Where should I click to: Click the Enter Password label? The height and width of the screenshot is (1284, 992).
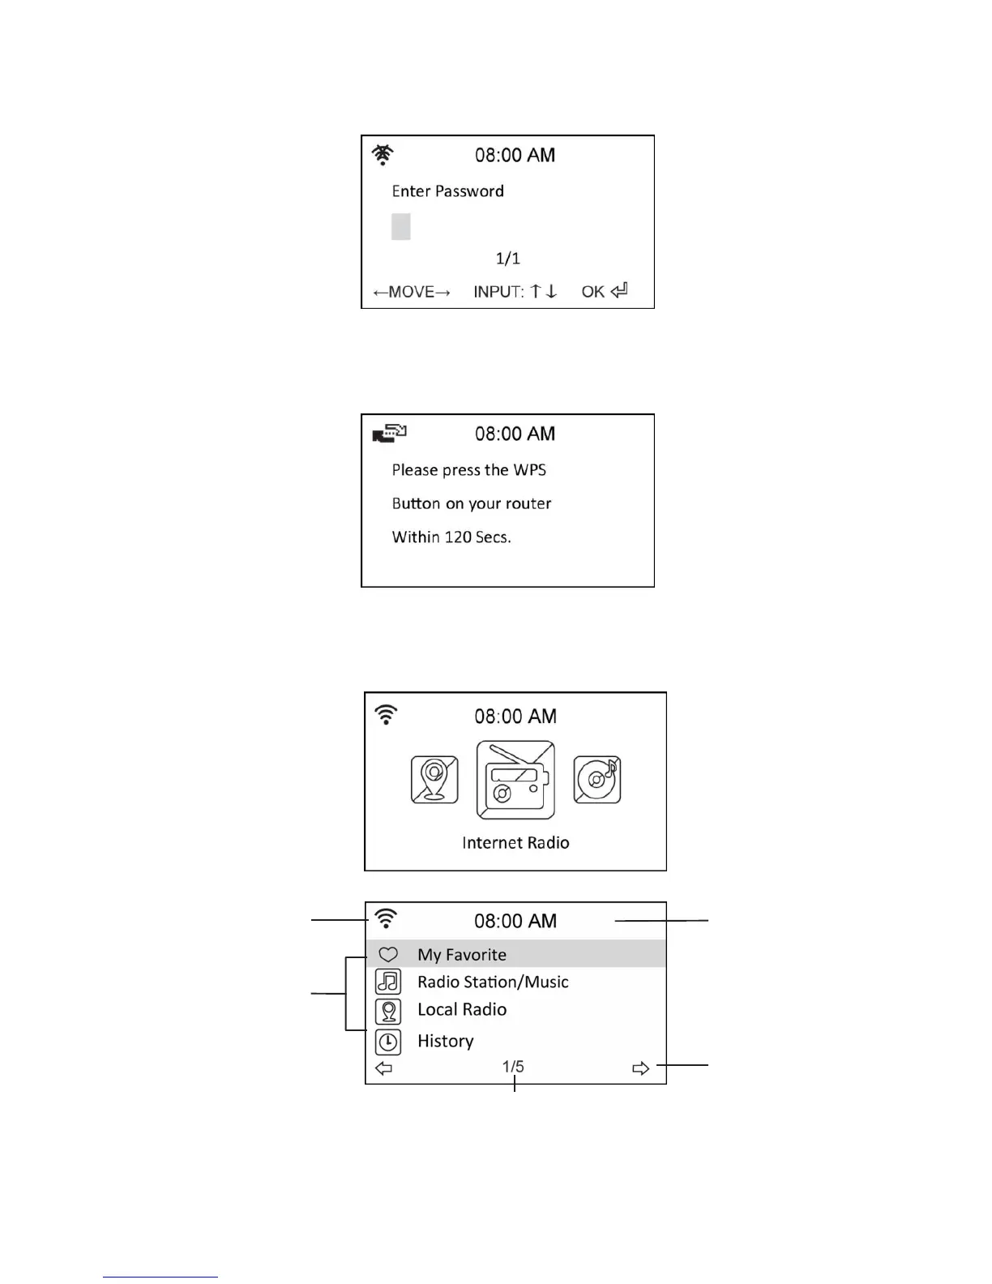(447, 191)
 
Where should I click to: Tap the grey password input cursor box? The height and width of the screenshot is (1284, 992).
(400, 226)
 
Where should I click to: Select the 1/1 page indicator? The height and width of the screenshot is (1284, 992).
(508, 259)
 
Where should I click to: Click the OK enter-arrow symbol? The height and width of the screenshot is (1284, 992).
(619, 290)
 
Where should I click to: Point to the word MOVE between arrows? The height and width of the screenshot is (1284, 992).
(412, 292)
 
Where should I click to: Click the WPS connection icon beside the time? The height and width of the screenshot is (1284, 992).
(389, 434)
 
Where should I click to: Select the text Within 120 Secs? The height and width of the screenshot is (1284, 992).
(451, 537)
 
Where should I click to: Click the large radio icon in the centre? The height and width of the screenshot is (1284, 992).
(515, 780)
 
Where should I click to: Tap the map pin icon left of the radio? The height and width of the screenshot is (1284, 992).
(434, 780)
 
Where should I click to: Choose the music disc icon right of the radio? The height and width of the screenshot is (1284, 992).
(597, 780)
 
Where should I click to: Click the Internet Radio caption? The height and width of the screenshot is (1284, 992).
(515, 843)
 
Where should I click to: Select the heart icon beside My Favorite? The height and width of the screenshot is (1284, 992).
(388, 955)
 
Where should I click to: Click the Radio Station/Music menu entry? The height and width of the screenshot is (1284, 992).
(493, 982)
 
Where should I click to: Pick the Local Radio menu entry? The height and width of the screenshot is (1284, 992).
(462, 1010)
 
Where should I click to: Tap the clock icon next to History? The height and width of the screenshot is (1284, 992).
(388, 1042)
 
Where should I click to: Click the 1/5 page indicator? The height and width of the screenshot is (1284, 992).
(513, 1067)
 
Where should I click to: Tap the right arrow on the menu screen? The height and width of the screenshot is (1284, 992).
(640, 1068)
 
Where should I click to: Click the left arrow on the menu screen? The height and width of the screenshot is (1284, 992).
(384, 1068)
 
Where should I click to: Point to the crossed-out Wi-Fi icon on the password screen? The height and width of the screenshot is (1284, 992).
(383, 154)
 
